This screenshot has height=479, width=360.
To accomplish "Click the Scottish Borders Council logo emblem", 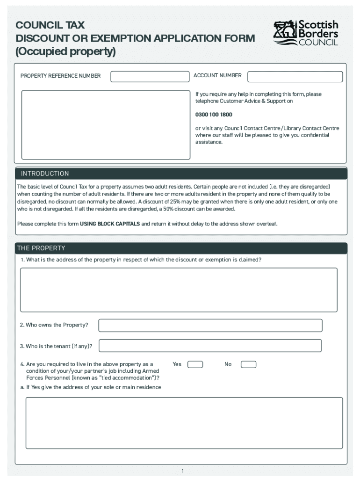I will coord(285,33).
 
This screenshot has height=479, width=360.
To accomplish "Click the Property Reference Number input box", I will coord(149,77).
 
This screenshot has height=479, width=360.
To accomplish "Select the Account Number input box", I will coord(295,77).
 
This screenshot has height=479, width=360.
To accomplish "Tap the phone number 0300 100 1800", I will coord(214,115).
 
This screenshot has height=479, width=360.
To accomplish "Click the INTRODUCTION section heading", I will coord(45,174).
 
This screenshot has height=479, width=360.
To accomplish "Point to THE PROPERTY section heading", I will coord(41,248).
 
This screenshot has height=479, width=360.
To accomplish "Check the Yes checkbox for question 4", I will coord(195,364).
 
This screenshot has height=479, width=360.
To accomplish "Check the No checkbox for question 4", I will coord(248,364).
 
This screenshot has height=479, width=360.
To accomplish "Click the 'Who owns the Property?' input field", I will coord(210,325).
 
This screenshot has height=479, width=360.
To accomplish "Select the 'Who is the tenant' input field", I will coord(210,346).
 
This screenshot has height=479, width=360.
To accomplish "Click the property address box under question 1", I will coord(179,290).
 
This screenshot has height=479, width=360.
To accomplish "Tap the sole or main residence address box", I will coord(184,423).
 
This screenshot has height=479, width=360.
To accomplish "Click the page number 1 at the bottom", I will coord(183,471).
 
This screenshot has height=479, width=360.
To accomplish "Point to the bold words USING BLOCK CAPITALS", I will coord(110,224).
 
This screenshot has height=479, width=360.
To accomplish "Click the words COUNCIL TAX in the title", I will coord(50,25).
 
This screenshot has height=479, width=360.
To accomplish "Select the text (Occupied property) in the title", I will coord(65,51).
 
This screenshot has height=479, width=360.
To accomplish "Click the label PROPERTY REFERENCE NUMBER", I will coord(60,76).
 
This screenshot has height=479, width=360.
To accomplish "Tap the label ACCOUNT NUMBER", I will coord(217,75).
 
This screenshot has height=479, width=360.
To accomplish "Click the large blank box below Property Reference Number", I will coord(106,124).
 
